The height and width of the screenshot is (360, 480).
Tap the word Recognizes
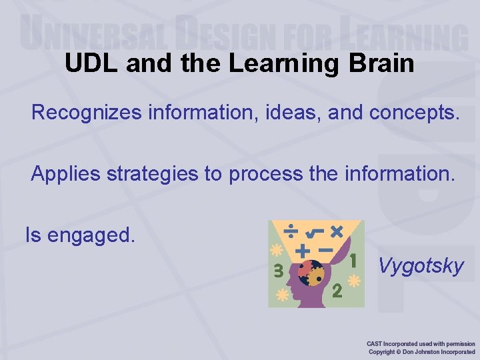coord(86,113)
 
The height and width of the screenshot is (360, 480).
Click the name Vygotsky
coord(421,266)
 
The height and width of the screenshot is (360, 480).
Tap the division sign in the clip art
coord(291,231)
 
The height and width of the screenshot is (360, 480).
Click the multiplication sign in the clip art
coord(336,231)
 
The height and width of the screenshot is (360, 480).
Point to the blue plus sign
coord(303,251)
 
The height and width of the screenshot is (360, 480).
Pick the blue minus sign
coord(325,250)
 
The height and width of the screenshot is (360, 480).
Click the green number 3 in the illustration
coord(277,271)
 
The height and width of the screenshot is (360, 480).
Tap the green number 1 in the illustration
coord(353,259)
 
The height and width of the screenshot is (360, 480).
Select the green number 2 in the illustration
coord(337,291)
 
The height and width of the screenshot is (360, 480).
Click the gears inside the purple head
coord(309,272)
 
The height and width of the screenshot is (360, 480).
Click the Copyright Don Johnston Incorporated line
coord(421,351)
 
